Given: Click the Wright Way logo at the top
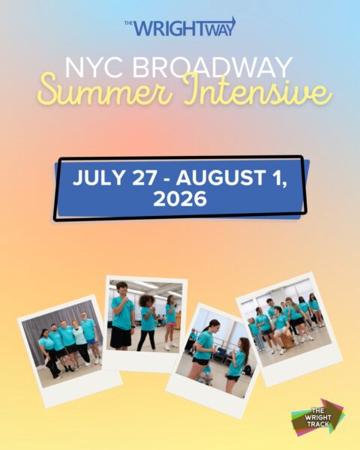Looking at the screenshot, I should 180,27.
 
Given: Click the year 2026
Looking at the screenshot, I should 179,200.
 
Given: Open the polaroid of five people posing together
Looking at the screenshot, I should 69,346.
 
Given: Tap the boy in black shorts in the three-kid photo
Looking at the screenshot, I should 122,319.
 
